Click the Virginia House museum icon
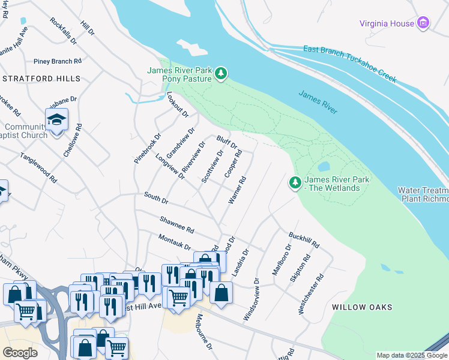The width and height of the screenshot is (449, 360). coord(424,23)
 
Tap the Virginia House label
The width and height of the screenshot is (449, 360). coord(387,24)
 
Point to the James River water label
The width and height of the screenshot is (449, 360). coord(318,102)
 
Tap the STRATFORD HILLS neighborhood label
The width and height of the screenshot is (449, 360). coord(41,79)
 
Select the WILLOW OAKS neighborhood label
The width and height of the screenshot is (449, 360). coord(362,307)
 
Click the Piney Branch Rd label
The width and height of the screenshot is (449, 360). coord(58,61)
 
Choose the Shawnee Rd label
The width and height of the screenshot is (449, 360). coord(176,226)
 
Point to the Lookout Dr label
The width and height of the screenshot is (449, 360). coord(178,104)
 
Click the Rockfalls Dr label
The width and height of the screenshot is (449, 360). coord(64,31)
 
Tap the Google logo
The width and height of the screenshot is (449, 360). coord(20,353)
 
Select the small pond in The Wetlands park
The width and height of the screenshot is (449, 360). coord(324,166)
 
